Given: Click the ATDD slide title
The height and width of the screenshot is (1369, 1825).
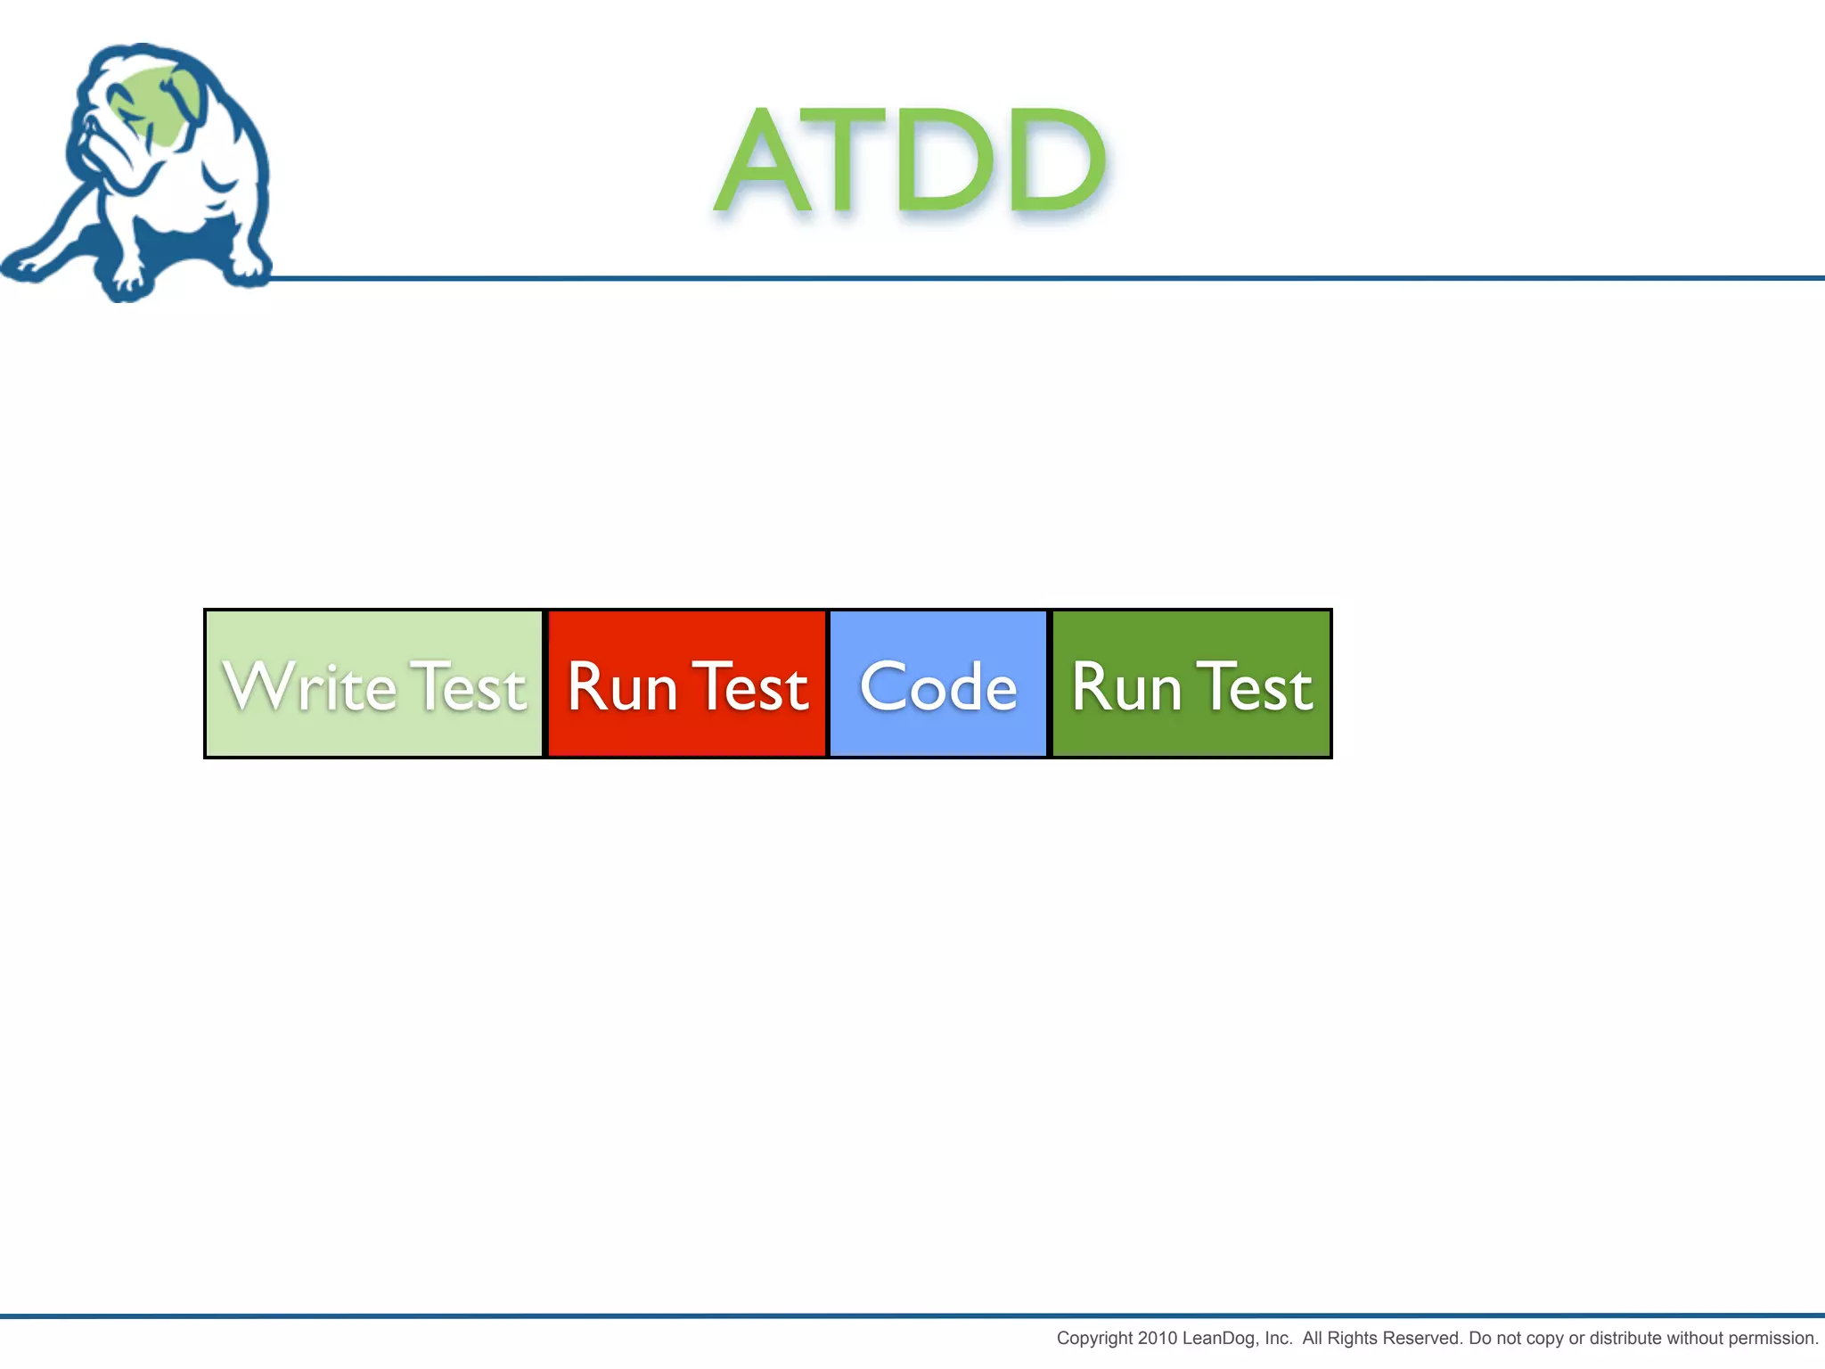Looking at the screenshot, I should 911,160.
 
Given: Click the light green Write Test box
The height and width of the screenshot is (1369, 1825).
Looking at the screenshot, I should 373,684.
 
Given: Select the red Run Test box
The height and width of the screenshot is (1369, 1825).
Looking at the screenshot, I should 687,684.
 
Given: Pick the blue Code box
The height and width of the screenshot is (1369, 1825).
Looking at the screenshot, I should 938,684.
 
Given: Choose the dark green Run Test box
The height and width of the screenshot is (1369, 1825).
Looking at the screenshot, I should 1192,684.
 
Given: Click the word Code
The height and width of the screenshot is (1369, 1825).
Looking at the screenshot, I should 938,688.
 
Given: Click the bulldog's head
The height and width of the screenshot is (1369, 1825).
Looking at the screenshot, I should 143,116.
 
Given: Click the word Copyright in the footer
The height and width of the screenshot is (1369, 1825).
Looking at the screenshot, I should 1094,1338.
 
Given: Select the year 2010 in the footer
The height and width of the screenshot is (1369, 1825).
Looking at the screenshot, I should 1158,1338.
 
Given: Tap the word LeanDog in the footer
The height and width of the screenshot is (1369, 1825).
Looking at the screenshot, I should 1221,1338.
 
